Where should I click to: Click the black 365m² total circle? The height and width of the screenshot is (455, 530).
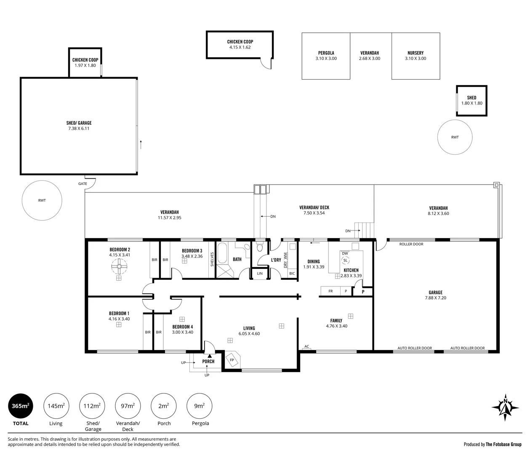pyautogui.click(x=21, y=406)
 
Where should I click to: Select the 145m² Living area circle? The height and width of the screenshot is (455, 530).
pyautogui.click(x=56, y=406)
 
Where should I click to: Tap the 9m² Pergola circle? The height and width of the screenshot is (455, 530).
pyautogui.click(x=199, y=406)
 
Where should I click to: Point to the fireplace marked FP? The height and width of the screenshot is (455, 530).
pyautogui.click(x=233, y=360)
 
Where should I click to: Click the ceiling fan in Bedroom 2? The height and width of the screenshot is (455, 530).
pyautogui.click(x=119, y=267)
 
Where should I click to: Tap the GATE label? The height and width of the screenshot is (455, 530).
pyautogui.click(x=83, y=184)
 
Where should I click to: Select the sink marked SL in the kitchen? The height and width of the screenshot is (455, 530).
pyautogui.click(x=345, y=260)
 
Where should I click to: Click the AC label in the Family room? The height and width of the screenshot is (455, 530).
pyautogui.click(x=306, y=346)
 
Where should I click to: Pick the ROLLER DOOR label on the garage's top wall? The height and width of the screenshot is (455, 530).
pyautogui.click(x=411, y=244)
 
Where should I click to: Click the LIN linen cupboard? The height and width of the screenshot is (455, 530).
pyautogui.click(x=260, y=273)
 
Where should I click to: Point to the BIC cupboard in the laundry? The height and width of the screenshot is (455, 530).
pyautogui.click(x=292, y=273)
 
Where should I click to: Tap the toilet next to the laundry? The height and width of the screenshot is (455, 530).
pyautogui.click(x=260, y=247)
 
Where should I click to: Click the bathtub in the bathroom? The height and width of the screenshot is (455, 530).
pyautogui.click(x=222, y=253)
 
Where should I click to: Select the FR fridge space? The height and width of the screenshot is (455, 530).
pyautogui.click(x=330, y=291)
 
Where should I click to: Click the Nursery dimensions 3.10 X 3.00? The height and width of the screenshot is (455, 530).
pyautogui.click(x=415, y=59)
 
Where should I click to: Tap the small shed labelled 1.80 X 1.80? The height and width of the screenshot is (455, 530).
pyautogui.click(x=471, y=101)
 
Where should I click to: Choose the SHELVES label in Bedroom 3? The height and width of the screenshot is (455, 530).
pyautogui.click(x=212, y=259)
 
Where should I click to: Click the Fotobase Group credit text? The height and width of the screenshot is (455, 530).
pyautogui.click(x=503, y=444)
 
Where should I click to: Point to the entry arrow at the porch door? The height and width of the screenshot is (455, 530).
pyautogui.click(x=210, y=356)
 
